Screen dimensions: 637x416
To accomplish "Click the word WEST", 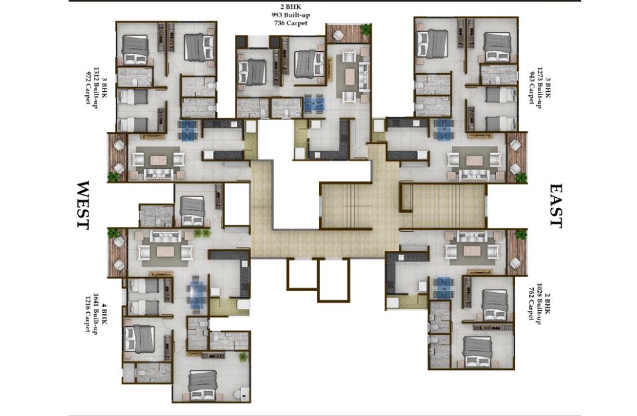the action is click(83, 206).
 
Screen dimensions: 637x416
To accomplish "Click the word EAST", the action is click(556, 206).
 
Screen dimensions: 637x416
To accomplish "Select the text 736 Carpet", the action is click(290, 23).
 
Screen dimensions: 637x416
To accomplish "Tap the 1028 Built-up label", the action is click(539, 304).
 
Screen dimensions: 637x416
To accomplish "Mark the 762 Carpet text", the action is click(531, 304).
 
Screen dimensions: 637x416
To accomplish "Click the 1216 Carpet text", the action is click(87, 312).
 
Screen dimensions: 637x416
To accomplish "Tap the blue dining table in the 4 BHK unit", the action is click(197, 292).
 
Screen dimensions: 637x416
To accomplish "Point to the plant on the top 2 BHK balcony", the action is click(365, 29).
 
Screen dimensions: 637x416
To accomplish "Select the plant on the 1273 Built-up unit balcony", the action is click(520, 177).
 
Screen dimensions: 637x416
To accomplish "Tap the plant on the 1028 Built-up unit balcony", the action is click(520, 234).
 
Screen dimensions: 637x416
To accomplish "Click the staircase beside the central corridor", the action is click(347, 206).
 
